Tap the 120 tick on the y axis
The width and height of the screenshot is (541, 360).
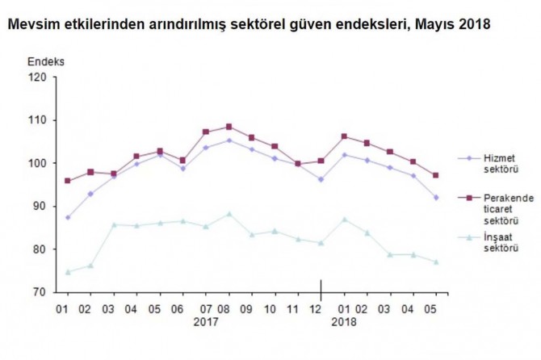point(38,77)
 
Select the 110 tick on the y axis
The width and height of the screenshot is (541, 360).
point(38,120)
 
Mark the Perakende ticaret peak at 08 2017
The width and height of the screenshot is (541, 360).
point(229,127)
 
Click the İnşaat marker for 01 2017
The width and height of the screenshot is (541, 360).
point(67,272)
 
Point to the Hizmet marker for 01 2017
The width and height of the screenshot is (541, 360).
point(67,218)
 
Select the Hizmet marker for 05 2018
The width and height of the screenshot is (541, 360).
point(437,198)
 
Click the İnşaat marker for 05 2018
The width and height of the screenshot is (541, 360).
point(437,262)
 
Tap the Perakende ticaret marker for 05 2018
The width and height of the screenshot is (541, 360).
point(437,175)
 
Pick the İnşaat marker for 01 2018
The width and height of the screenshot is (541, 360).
point(345,220)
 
